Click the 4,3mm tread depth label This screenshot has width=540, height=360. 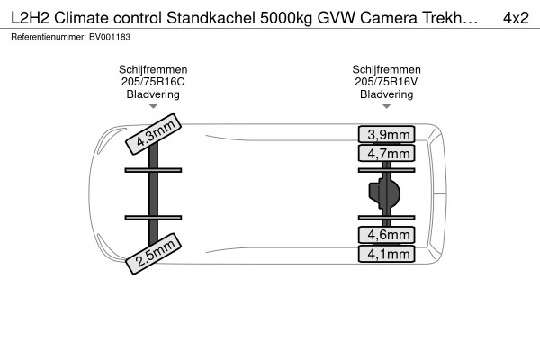point(153,134)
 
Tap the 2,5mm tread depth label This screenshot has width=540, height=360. point(153,254)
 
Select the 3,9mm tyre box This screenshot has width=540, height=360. point(386,134)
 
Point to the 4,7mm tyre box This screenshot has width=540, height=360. point(386,153)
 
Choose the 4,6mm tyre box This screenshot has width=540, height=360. point(386,235)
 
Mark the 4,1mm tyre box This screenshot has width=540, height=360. point(386,254)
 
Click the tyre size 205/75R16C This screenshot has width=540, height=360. point(153,82)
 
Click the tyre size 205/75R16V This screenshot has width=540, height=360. point(386,82)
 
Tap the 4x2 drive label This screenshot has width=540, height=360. point(516,18)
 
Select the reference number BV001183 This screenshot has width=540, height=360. point(110,37)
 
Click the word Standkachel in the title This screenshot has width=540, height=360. point(211,18)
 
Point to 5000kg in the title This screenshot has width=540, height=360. point(286,19)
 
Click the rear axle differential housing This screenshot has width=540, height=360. point(384,193)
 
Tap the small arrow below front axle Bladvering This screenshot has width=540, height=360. point(153,106)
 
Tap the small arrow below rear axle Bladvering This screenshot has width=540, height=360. point(386,106)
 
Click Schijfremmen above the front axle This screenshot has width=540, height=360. point(153,69)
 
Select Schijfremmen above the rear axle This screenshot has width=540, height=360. point(386,69)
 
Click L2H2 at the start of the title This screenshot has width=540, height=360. point(31,18)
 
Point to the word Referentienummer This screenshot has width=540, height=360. point(48,37)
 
